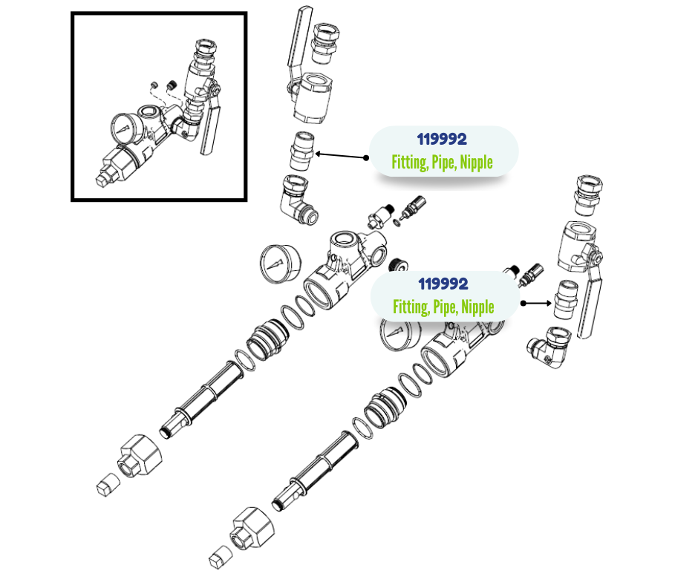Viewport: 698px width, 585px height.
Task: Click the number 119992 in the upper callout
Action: [442, 140]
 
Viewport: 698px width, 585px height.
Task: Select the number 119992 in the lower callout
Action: [443, 284]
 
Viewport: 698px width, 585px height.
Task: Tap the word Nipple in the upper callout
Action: [476, 163]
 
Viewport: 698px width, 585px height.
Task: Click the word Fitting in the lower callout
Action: [411, 307]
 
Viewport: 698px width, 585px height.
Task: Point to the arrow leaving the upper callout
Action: [342, 156]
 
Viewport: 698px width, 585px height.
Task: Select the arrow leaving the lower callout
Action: [536, 303]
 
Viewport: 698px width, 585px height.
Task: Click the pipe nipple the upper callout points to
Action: [301, 151]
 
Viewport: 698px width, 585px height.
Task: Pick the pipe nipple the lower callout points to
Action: [566, 300]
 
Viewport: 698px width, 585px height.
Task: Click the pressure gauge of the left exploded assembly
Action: [279, 264]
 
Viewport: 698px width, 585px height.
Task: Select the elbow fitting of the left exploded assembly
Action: [298, 199]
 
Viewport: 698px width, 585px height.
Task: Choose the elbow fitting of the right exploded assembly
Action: [549, 347]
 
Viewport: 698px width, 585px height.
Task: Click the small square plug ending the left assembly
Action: [108, 484]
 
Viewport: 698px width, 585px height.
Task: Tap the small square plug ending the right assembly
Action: [221, 557]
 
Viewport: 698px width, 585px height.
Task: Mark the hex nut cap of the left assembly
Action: [140, 455]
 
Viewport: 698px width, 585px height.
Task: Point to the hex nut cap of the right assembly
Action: [252, 529]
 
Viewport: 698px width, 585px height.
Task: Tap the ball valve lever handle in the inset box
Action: [209, 128]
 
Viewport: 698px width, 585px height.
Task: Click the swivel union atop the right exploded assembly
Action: [589, 195]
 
